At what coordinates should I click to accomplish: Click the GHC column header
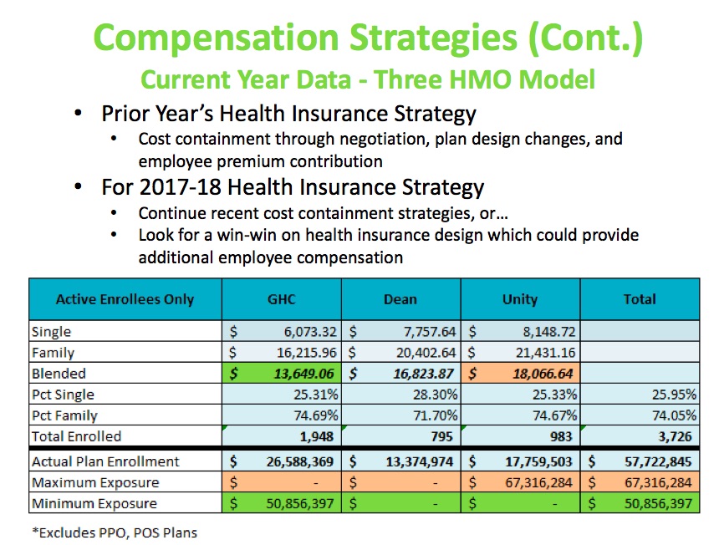[x=281, y=299]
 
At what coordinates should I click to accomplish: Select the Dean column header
[x=400, y=299]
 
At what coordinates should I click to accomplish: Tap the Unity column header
[x=520, y=299]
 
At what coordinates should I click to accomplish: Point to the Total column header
[x=640, y=299]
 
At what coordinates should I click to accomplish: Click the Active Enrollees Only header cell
[x=125, y=299]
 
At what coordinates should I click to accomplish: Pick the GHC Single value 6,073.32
[x=310, y=331]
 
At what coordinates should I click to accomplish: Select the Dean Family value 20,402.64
[x=426, y=353]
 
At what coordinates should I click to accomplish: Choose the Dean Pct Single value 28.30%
[x=435, y=395]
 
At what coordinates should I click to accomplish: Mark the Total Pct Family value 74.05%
[x=674, y=415]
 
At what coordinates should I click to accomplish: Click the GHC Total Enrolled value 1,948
[x=316, y=436]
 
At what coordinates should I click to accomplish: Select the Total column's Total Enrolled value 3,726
[x=675, y=436]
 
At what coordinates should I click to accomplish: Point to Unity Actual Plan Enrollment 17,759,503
[x=538, y=461]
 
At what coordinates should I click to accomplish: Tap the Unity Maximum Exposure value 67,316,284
[x=538, y=482]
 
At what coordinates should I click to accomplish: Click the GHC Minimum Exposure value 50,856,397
[x=300, y=503]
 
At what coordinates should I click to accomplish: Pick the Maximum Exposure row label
[x=95, y=482]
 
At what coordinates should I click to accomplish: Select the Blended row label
[x=59, y=374]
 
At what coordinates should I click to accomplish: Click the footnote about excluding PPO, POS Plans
[x=115, y=532]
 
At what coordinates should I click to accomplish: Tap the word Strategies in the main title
[x=433, y=38]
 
